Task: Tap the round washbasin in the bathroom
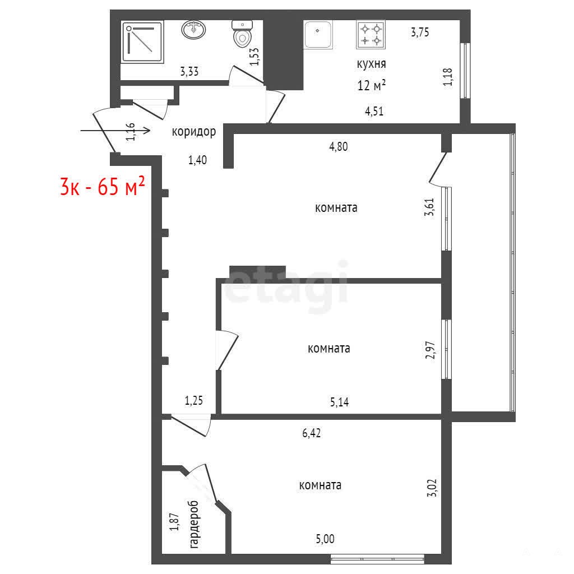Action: click(193, 30)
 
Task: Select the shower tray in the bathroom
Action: click(143, 42)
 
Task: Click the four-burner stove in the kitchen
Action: click(371, 34)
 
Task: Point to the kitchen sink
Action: click(318, 34)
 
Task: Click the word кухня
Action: click(371, 64)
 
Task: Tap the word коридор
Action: click(193, 132)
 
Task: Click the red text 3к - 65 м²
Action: click(103, 186)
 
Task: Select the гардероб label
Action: click(195, 524)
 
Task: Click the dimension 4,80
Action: click(339, 147)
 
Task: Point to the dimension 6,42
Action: click(312, 433)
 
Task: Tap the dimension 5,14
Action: click(339, 402)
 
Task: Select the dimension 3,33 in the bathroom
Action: click(189, 71)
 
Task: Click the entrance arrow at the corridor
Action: click(115, 130)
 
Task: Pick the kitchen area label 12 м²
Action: click(372, 85)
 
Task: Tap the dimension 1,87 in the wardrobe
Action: click(174, 522)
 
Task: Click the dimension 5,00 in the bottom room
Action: click(325, 539)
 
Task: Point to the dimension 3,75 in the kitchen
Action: click(420, 32)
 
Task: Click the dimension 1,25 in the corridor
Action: click(193, 400)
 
